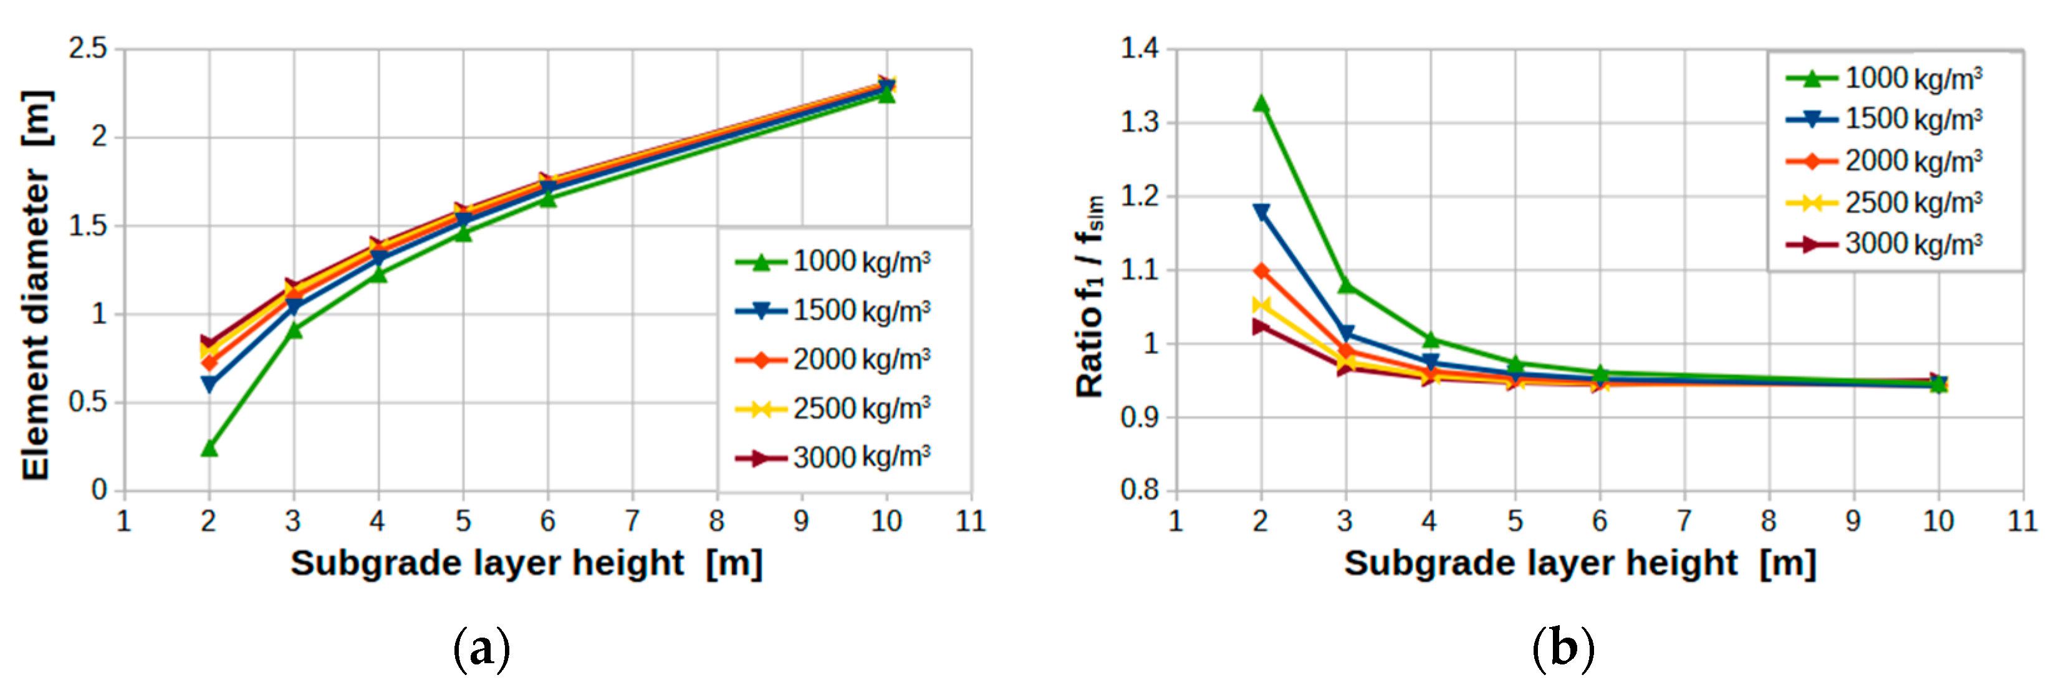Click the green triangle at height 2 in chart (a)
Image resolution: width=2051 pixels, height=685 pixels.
pos(209,448)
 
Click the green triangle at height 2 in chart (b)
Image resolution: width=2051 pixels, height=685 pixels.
pos(1261,103)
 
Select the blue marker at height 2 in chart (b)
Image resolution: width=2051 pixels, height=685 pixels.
pos(1261,212)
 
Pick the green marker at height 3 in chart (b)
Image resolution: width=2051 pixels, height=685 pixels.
pos(1345,284)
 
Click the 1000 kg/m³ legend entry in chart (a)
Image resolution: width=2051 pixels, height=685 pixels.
pos(833,261)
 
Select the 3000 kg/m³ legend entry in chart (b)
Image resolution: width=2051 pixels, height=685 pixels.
pos(1884,244)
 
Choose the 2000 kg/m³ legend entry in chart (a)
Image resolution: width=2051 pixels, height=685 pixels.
pos(833,359)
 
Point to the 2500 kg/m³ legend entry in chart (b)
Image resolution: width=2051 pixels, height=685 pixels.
pos(1884,203)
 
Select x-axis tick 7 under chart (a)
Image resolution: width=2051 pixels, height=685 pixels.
pos(632,521)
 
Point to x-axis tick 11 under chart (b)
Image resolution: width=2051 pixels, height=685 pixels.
pos(2022,521)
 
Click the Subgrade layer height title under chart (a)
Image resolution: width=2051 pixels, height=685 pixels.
pos(526,563)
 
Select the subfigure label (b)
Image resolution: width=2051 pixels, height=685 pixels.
pos(1563,649)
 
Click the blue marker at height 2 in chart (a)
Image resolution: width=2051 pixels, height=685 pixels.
pos(209,384)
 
